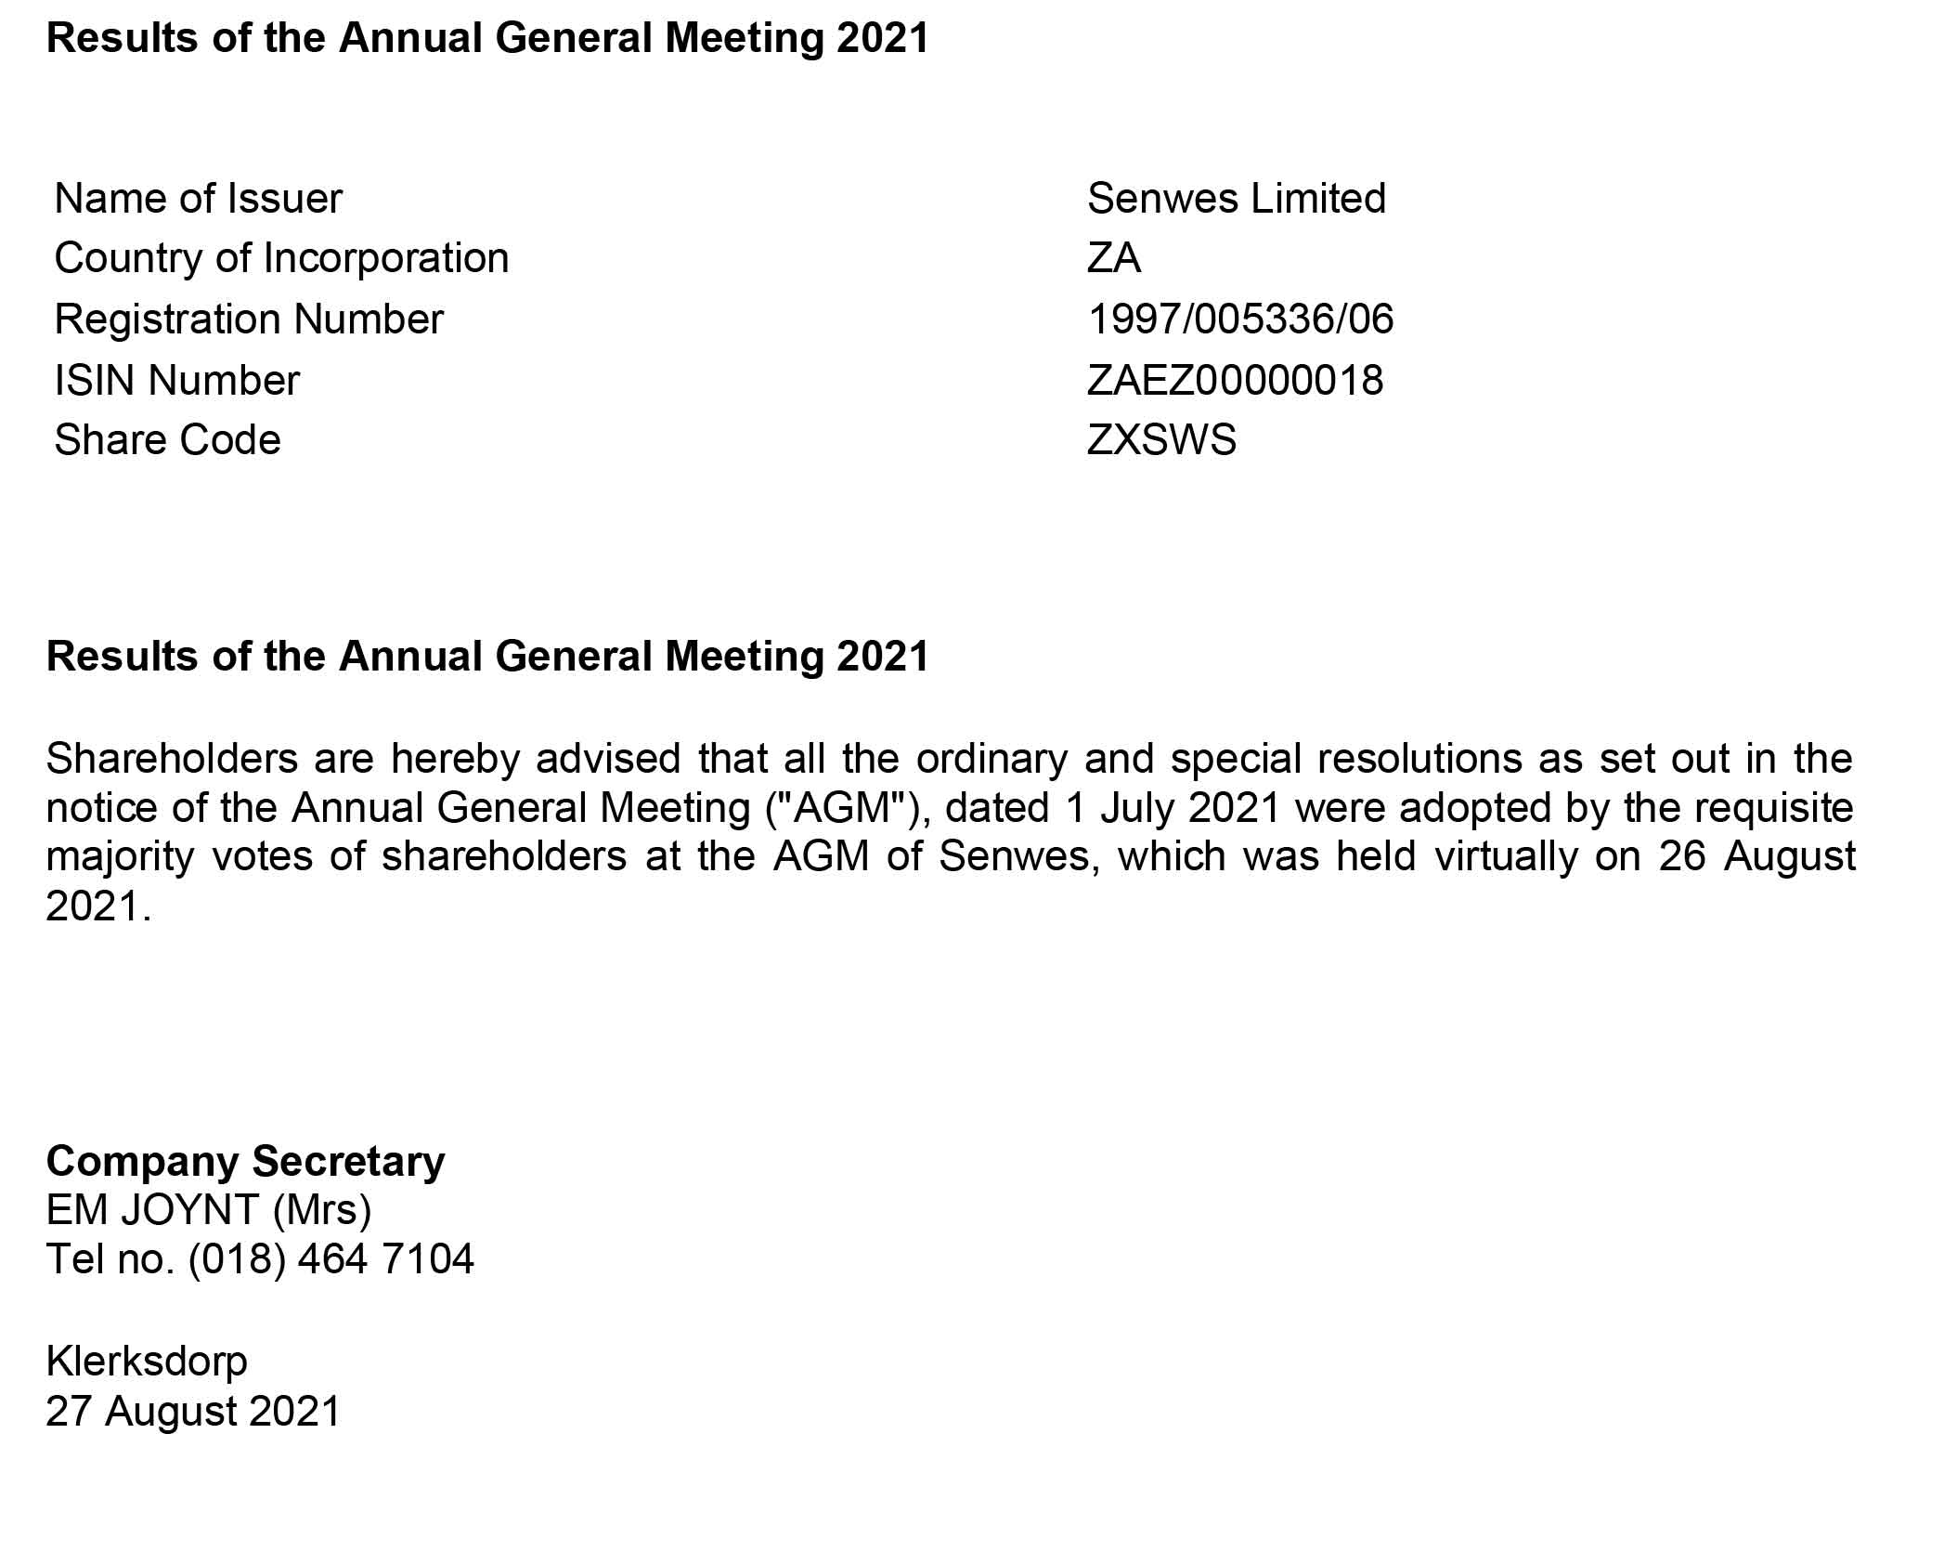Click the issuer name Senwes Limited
(1236, 199)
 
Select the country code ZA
(1113, 258)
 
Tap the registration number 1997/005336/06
(1240, 319)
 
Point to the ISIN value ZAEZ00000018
(1235, 381)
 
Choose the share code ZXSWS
(1161, 440)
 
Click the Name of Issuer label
(198, 199)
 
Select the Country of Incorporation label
(281, 258)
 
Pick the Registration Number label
(249, 319)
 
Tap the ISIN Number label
(176, 381)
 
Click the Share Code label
(167, 440)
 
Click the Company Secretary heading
(245, 1162)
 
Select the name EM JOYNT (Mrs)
(209, 1210)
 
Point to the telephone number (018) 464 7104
(331, 1259)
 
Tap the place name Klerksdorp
(147, 1362)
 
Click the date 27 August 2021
(193, 1411)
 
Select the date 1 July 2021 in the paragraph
(1173, 808)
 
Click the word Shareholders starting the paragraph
(172, 759)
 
